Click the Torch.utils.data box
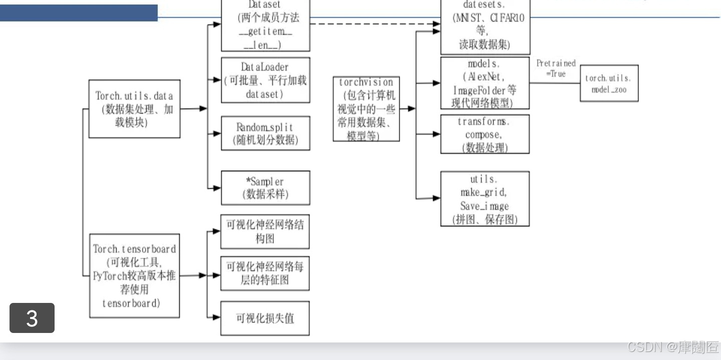134,109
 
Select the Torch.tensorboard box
134,275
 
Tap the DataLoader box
265,80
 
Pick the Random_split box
265,133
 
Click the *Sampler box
265,188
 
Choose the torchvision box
366,109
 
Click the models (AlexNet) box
484,83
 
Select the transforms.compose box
484,134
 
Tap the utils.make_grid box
484,199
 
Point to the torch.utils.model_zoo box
609,84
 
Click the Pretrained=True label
556,69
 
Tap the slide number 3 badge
32,318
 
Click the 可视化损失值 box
265,318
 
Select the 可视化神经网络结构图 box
265,231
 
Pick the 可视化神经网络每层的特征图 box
265,273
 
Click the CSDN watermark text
672,347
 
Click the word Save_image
484,206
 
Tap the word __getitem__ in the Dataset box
265,32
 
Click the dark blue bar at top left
79,13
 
